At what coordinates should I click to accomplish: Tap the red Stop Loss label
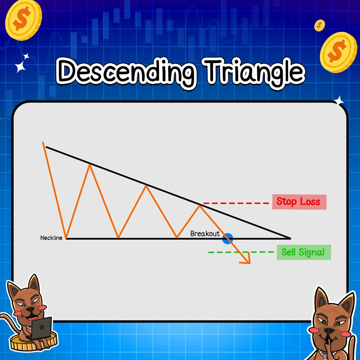click(x=299, y=202)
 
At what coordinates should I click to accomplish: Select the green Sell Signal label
click(x=303, y=252)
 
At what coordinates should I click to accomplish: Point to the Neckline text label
click(x=51, y=238)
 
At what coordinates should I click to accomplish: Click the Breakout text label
click(x=205, y=234)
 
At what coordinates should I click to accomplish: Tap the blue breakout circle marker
click(x=228, y=238)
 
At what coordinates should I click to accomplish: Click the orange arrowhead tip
click(x=249, y=263)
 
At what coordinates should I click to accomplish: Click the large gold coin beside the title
click(x=338, y=52)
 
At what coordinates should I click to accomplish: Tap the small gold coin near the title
click(x=319, y=25)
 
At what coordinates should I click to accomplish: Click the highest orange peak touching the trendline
click(x=90, y=164)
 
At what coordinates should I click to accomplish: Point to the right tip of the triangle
click(x=290, y=238)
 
